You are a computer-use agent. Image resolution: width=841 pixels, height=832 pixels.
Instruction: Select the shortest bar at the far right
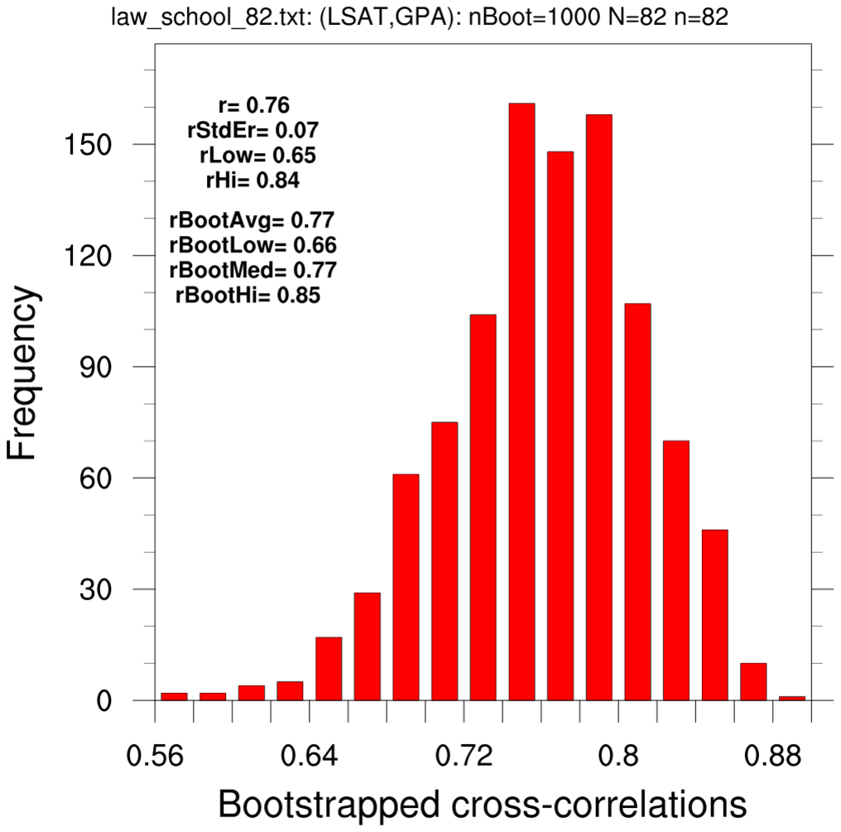click(x=792, y=698)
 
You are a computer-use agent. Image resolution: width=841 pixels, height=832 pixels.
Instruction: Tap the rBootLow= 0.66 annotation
click(x=252, y=245)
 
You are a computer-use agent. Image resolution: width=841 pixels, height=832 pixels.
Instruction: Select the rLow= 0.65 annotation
click(x=257, y=155)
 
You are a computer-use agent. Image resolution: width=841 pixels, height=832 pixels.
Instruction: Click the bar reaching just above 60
click(x=406, y=588)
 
